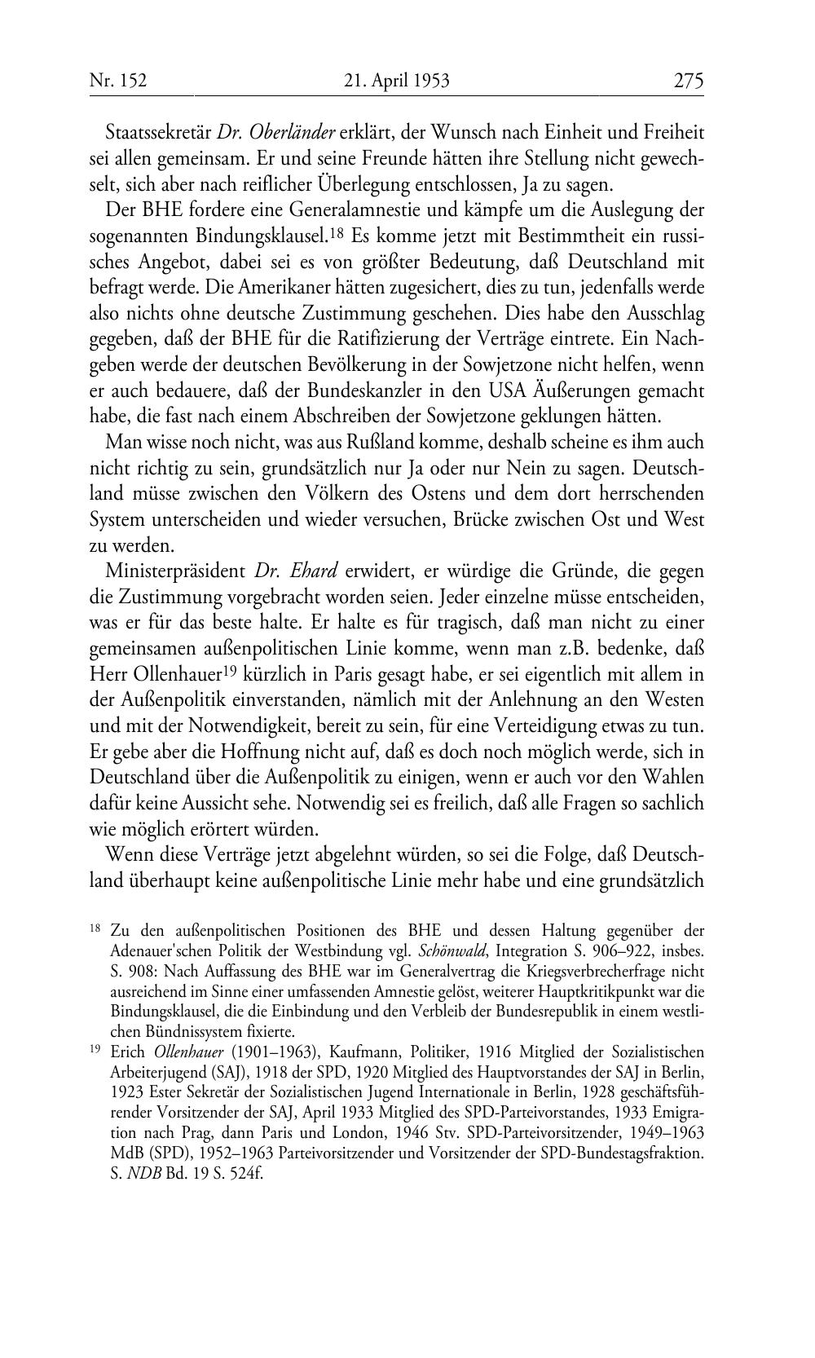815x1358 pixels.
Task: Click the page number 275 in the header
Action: (x=688, y=81)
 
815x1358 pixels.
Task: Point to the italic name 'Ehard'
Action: (x=314, y=572)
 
